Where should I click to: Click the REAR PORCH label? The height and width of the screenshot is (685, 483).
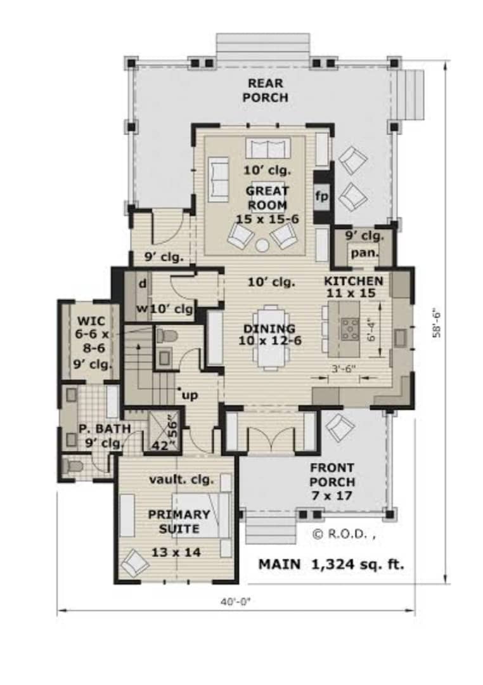(x=266, y=91)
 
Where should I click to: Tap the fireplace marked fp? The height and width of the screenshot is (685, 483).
(x=322, y=197)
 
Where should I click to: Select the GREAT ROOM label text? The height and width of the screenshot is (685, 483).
(x=267, y=198)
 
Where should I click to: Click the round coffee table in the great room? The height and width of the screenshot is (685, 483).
(x=262, y=245)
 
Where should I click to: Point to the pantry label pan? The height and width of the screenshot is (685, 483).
(x=364, y=253)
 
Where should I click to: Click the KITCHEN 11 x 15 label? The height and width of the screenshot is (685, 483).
(x=353, y=287)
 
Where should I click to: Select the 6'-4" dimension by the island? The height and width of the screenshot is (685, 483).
(x=371, y=332)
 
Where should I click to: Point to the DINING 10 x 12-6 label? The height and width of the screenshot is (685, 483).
(x=269, y=335)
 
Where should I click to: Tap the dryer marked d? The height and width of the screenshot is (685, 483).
(x=143, y=284)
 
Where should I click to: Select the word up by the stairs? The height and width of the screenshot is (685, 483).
(x=190, y=396)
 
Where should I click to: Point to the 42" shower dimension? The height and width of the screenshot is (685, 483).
(x=160, y=446)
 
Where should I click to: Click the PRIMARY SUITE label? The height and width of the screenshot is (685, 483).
(x=179, y=521)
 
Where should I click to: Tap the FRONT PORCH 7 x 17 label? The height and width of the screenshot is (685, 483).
(x=332, y=482)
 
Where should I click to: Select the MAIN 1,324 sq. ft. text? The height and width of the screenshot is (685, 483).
(x=331, y=564)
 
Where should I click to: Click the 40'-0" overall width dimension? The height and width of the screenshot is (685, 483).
(x=236, y=602)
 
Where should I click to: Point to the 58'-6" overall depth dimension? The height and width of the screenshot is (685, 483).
(x=436, y=323)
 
